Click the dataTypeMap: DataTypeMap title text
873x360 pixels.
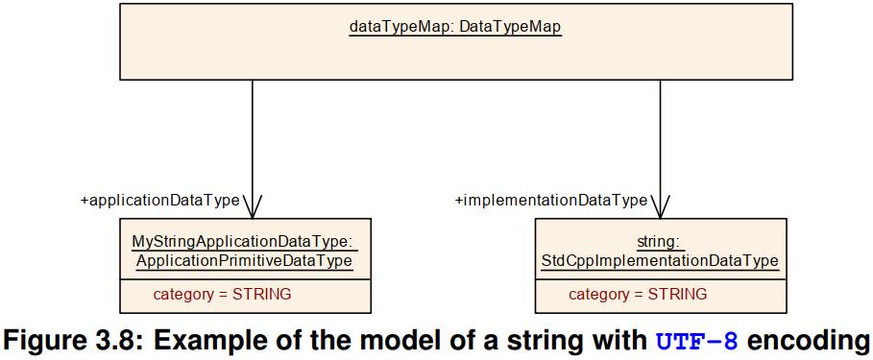pyautogui.click(x=454, y=28)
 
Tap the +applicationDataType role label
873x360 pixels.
pyautogui.click(x=160, y=201)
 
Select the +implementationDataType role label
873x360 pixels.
pyautogui.click(x=551, y=201)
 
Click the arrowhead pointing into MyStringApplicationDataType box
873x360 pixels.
pyautogui.click(x=253, y=208)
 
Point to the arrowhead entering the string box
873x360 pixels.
pyautogui.click(x=661, y=208)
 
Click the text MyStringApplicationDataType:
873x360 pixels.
pyautogui.click(x=244, y=242)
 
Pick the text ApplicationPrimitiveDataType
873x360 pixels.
pyautogui.click(x=244, y=260)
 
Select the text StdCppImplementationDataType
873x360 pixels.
pyautogui.click(x=660, y=260)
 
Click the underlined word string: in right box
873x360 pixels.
pyautogui.click(x=660, y=242)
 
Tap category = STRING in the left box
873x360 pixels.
pyautogui.click(x=222, y=294)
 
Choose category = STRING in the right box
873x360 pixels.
pyautogui.click(x=638, y=294)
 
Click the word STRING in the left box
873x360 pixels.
pyautogui.click(x=261, y=294)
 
